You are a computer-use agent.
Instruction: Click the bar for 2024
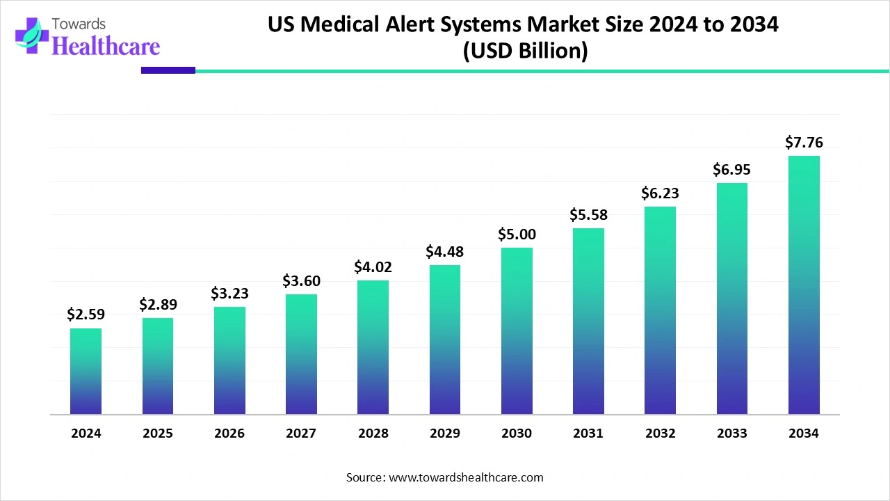(86, 371)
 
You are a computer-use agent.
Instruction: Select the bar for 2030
(517, 331)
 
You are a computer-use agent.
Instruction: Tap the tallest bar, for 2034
(804, 285)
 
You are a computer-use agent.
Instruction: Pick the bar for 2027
(301, 354)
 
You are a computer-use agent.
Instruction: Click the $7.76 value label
(804, 143)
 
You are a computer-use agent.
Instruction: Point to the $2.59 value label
(86, 315)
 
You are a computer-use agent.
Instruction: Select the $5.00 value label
(517, 234)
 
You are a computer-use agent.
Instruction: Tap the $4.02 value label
(373, 267)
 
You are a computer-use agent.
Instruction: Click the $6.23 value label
(660, 193)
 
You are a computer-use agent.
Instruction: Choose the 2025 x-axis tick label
(158, 434)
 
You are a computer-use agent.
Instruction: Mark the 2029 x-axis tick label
(445, 434)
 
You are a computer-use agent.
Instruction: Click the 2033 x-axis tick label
(732, 434)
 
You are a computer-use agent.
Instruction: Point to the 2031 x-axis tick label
(588, 434)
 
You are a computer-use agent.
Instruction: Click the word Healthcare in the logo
(106, 46)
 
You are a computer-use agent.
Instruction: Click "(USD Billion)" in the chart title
(525, 51)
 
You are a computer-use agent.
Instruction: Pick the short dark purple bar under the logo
(168, 70)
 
